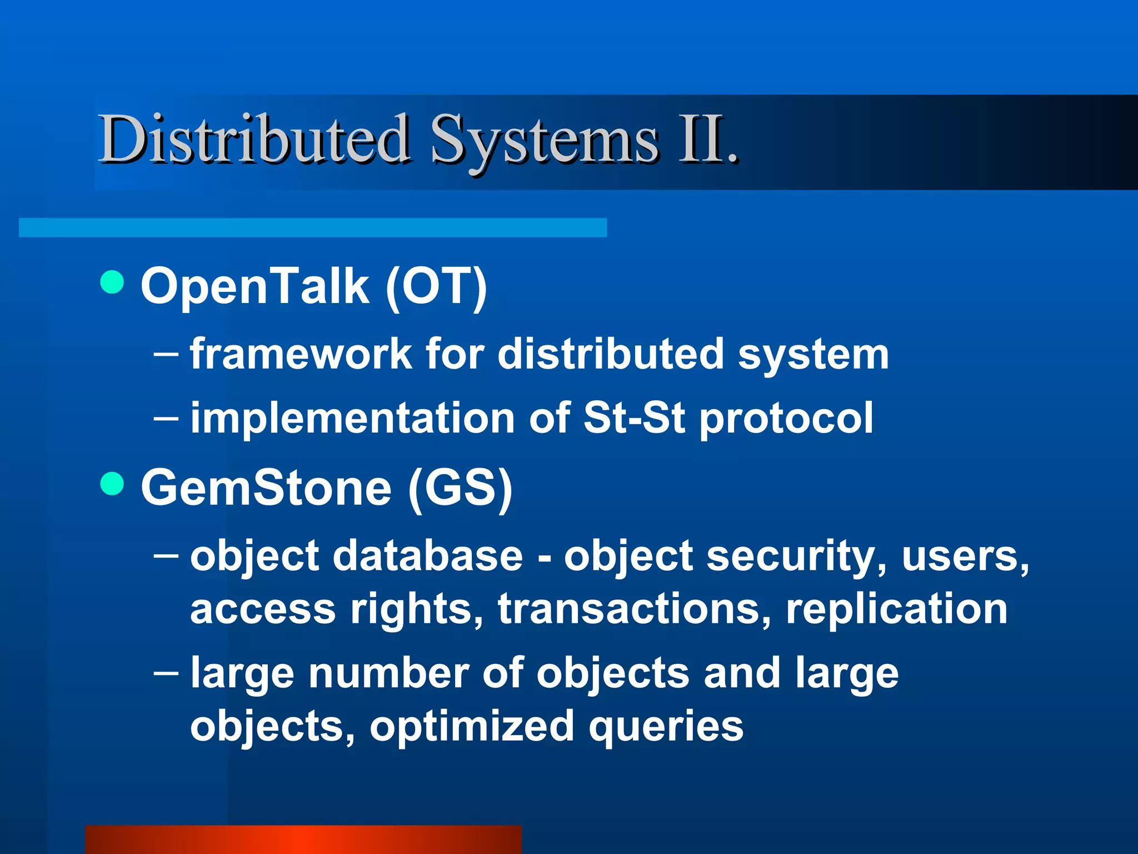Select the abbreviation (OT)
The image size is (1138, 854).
click(436, 286)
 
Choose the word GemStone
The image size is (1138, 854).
click(266, 488)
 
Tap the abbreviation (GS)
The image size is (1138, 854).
click(460, 488)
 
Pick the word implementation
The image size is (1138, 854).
click(352, 418)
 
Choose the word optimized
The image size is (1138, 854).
click(472, 726)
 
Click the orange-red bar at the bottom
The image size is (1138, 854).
click(303, 839)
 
